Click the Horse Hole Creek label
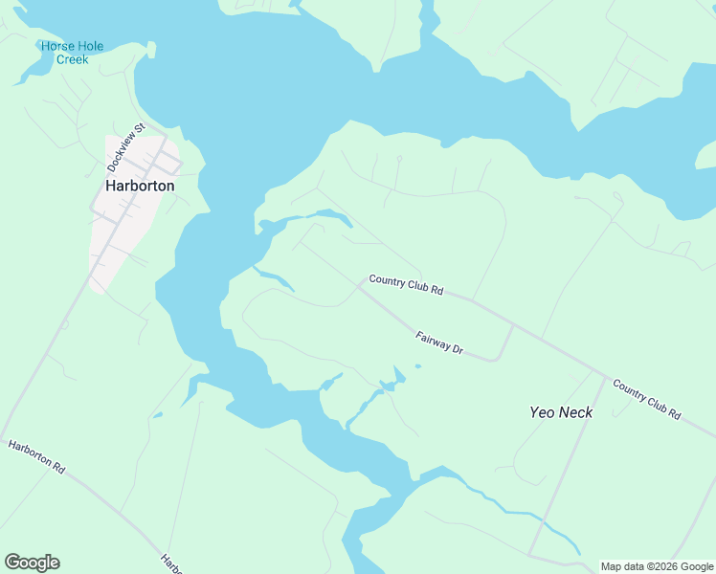coord(72,53)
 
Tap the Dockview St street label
coord(125,146)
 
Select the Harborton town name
coord(140,186)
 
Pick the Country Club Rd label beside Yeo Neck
coord(646,401)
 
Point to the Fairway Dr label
coord(439,343)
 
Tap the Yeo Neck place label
coord(561,412)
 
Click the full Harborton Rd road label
coord(36,457)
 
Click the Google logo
coord(32,563)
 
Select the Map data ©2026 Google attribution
coord(658,566)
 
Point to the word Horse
coord(56,46)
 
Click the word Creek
coord(72,59)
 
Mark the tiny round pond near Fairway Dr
coord(418,365)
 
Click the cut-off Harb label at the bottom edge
coord(169,564)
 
